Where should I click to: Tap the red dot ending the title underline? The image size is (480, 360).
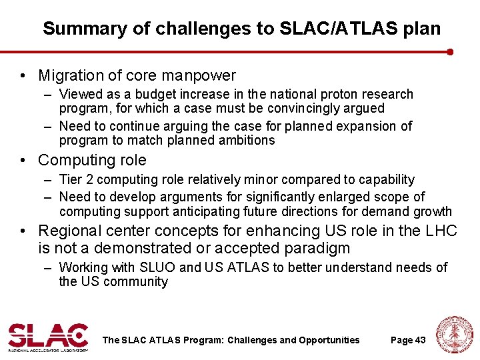point(451,51)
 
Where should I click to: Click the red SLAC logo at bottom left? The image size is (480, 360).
point(48,337)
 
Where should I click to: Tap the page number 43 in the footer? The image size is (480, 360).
point(420,340)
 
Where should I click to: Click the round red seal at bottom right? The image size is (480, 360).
point(454,335)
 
